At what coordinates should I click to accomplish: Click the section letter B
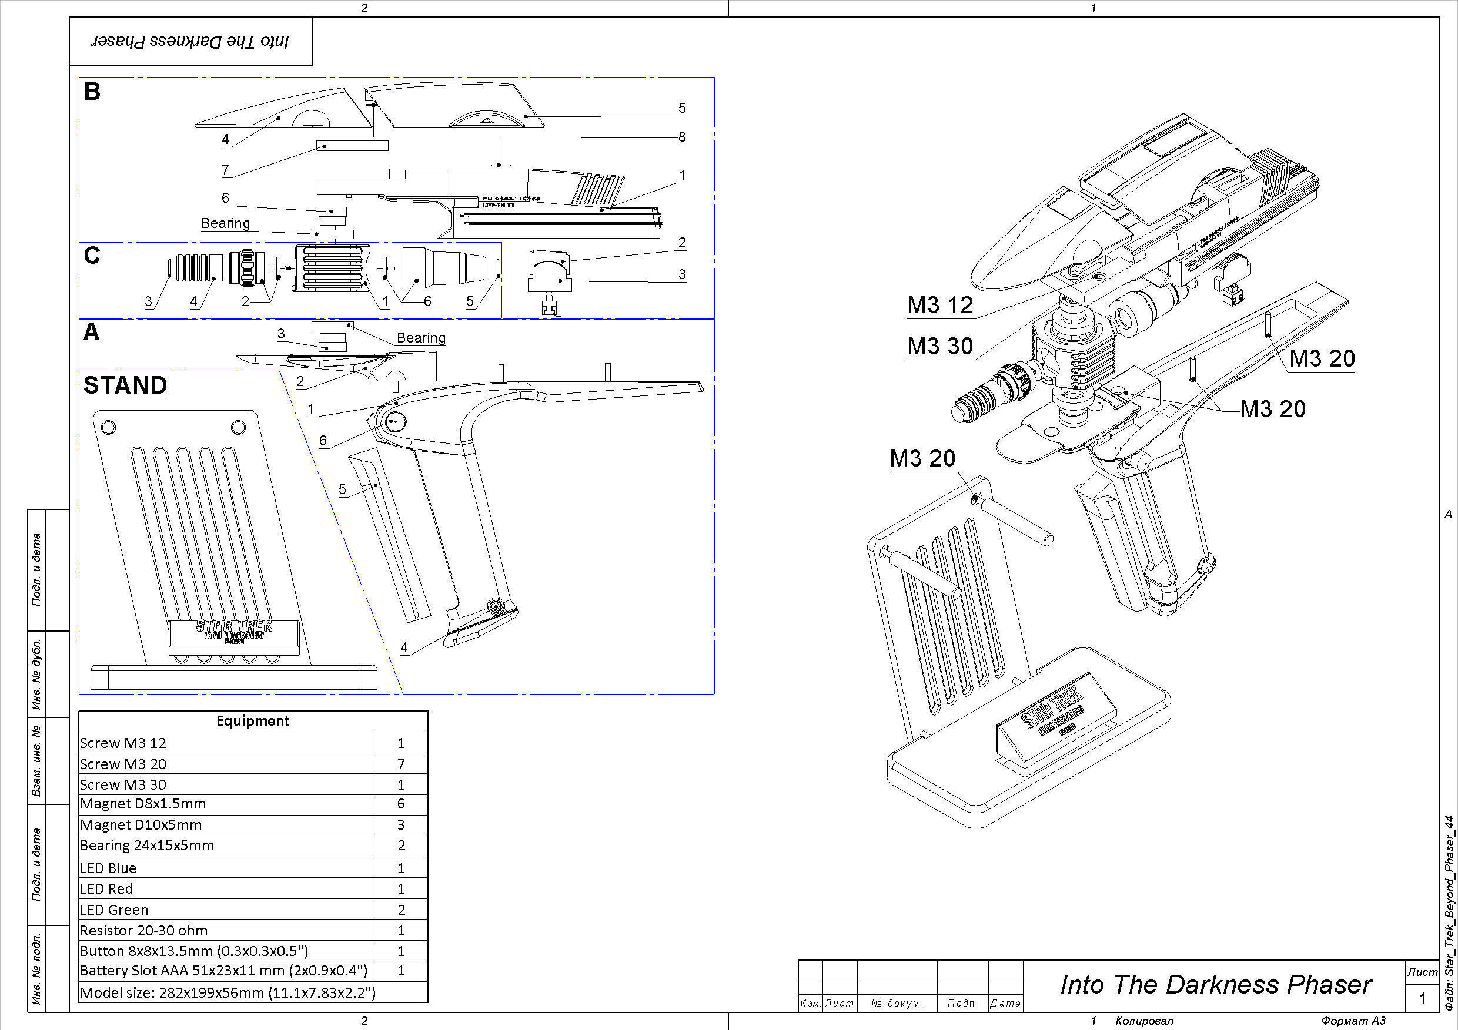tap(92, 92)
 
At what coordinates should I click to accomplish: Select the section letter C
tap(92, 256)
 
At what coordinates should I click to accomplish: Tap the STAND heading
tap(125, 385)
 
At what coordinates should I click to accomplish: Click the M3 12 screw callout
tap(940, 306)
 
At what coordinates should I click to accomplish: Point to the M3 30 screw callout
tap(940, 347)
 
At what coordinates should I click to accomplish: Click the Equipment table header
tap(253, 721)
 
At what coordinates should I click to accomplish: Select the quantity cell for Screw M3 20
tap(401, 764)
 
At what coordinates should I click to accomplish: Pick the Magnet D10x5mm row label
tap(141, 825)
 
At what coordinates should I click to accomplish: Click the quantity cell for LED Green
tap(401, 910)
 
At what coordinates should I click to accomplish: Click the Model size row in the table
tap(228, 992)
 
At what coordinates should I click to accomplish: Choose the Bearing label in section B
tap(225, 223)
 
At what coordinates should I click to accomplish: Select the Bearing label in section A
tap(421, 338)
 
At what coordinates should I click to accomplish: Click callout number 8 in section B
tap(682, 136)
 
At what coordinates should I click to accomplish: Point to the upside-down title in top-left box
tap(190, 42)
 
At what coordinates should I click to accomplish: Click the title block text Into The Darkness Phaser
tap(1215, 985)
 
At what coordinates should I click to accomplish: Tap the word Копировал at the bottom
tap(1144, 1021)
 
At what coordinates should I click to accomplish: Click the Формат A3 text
tap(1353, 1021)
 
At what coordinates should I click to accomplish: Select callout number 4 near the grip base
tap(404, 648)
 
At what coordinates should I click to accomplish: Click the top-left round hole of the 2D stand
tap(109, 427)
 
